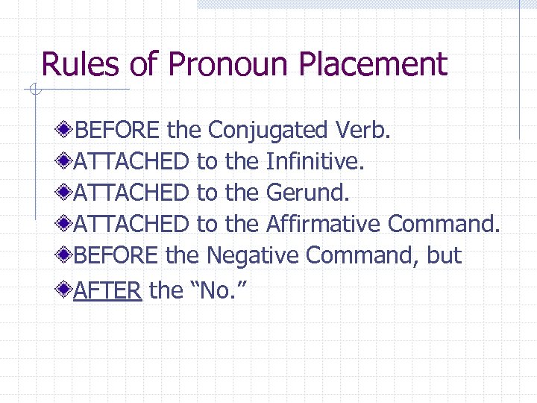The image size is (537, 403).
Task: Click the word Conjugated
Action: pyautogui.click(x=267, y=131)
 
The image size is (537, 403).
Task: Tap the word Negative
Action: pyautogui.click(x=253, y=256)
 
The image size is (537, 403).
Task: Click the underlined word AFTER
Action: pyautogui.click(x=107, y=290)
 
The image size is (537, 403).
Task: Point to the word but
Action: pyautogui.click(x=445, y=256)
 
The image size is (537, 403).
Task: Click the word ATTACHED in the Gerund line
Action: pyautogui.click(x=131, y=193)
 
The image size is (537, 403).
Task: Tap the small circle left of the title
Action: pyautogui.click(x=33, y=90)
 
